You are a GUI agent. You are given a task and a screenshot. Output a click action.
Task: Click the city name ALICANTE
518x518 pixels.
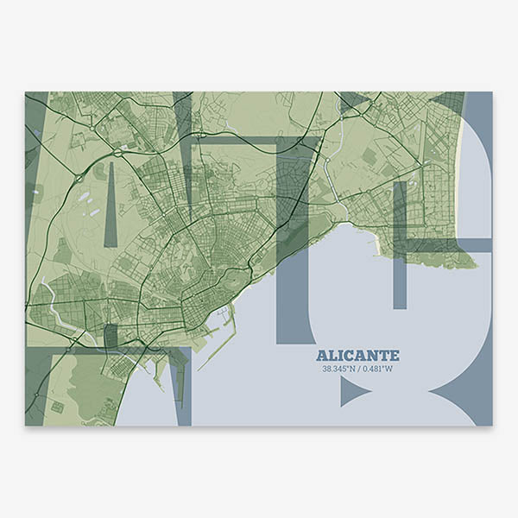click(357, 356)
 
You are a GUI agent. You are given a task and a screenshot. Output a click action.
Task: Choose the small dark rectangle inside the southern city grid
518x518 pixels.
click(111, 334)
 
